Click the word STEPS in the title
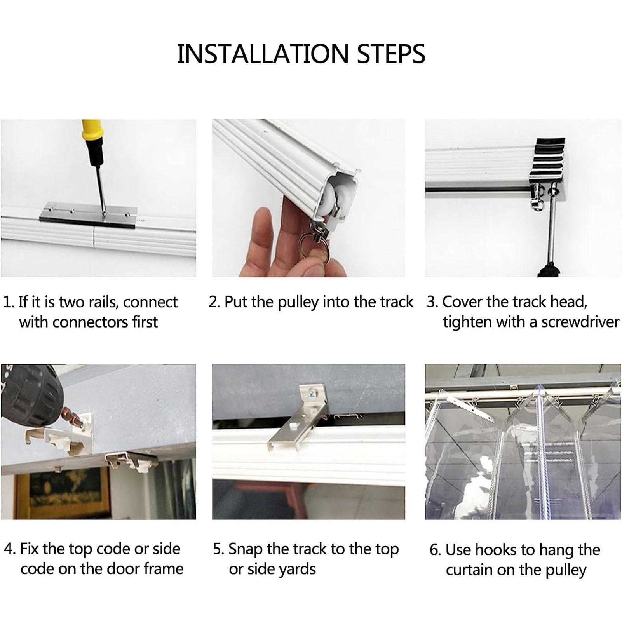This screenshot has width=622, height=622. coord(391,54)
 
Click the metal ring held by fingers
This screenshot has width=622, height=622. coord(311,247)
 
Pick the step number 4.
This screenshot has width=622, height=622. coord(8,549)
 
